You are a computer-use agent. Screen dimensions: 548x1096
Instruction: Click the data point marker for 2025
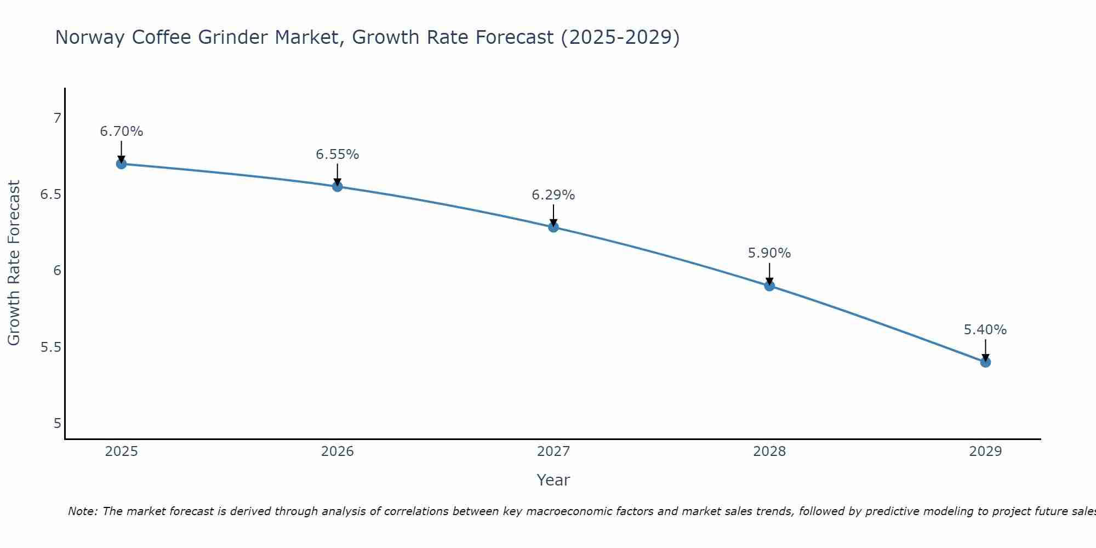pyautogui.click(x=122, y=164)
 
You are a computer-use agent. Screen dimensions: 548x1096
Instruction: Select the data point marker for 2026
pyautogui.click(x=338, y=186)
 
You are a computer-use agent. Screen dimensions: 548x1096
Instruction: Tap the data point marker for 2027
pyautogui.click(x=553, y=227)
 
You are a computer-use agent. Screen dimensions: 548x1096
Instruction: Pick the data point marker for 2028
pyautogui.click(x=769, y=286)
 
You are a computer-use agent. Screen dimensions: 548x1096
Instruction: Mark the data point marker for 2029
pyautogui.click(x=985, y=362)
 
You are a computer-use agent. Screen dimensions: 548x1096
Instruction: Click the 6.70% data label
pyautogui.click(x=122, y=132)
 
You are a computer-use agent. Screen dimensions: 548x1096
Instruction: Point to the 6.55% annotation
pyautogui.click(x=338, y=155)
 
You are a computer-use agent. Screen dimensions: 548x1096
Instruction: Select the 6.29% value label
pyautogui.click(x=553, y=195)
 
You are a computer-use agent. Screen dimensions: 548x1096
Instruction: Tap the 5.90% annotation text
pyautogui.click(x=769, y=253)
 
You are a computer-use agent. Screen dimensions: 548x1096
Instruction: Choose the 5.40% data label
pyautogui.click(x=985, y=330)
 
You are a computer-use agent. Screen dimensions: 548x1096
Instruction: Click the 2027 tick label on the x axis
pyautogui.click(x=553, y=452)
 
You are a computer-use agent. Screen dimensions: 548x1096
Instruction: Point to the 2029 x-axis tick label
pyautogui.click(x=985, y=452)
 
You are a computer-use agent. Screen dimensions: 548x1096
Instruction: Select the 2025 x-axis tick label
pyautogui.click(x=122, y=452)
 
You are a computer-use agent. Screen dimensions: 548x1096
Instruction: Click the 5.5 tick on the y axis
pyautogui.click(x=51, y=347)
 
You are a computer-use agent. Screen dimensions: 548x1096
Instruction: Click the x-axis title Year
pyautogui.click(x=553, y=480)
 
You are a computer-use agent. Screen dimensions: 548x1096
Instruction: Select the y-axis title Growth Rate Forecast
pyautogui.click(x=14, y=263)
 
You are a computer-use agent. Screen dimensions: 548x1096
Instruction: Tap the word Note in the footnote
pyautogui.click(x=82, y=511)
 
